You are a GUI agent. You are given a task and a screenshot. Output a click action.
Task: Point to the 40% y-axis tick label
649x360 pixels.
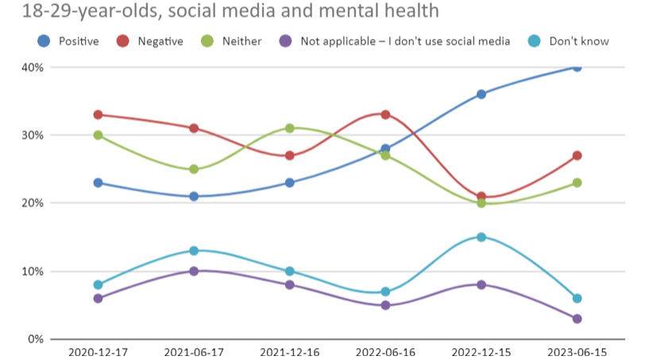point(31,68)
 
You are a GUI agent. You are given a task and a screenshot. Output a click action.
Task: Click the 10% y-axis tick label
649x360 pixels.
point(31,272)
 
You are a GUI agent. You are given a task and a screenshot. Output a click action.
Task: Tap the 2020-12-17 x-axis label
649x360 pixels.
point(99,350)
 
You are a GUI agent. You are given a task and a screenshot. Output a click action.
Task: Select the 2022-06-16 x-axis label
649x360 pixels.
point(385,350)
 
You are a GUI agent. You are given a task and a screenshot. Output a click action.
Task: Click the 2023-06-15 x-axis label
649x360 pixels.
point(577,350)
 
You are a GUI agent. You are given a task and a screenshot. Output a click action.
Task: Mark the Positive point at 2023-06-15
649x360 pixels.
point(577,68)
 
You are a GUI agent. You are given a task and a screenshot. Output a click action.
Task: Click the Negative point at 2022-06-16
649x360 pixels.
point(385,114)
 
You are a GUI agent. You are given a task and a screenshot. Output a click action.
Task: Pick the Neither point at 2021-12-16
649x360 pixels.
point(290,128)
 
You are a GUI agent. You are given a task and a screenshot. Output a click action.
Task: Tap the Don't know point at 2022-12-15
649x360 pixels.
point(481,237)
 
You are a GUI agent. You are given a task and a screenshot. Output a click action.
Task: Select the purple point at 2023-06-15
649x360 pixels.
point(577,319)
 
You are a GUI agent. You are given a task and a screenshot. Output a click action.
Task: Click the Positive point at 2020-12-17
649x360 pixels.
point(99,183)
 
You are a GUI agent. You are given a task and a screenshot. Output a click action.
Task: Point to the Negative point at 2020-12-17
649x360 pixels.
point(99,114)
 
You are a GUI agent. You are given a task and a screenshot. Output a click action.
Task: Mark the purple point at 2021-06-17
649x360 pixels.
point(194,271)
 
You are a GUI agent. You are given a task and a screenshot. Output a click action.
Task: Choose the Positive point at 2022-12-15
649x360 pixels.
point(481,95)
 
